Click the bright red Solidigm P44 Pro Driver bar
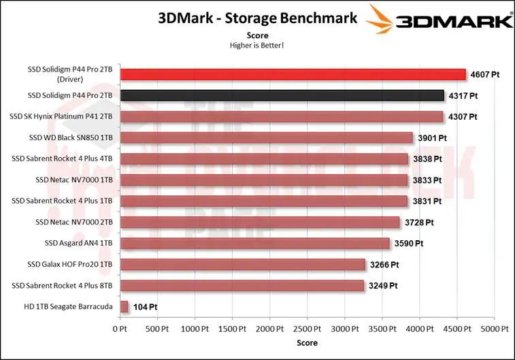pyautogui.click(x=293, y=75)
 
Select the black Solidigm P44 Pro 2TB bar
pyautogui.click(x=282, y=95)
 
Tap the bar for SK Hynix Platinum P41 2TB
pyautogui.click(x=282, y=116)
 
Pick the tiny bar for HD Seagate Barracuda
pyautogui.click(x=124, y=307)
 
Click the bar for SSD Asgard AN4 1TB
pyautogui.click(x=254, y=244)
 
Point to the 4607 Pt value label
pyautogui.click(x=485, y=75)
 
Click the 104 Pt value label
pyautogui.click(x=145, y=307)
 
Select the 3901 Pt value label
pyautogui.click(x=432, y=138)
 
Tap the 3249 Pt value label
pyautogui.click(x=383, y=286)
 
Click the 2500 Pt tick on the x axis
pyautogui.click(x=307, y=329)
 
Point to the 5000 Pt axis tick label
pyautogui.click(x=495, y=329)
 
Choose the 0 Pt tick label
pyautogui.click(x=120, y=329)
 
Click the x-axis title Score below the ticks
pyautogui.click(x=307, y=343)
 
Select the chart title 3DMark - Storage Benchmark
pyautogui.click(x=257, y=18)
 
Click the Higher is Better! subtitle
pyautogui.click(x=257, y=46)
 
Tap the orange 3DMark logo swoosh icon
pyautogui.click(x=380, y=19)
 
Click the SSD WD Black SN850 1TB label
pyautogui.click(x=71, y=137)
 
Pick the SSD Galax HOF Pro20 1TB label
pyautogui.click(x=69, y=265)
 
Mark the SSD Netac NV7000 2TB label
pyautogui.click(x=74, y=222)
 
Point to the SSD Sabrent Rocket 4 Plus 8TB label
pyautogui.click(x=62, y=286)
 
